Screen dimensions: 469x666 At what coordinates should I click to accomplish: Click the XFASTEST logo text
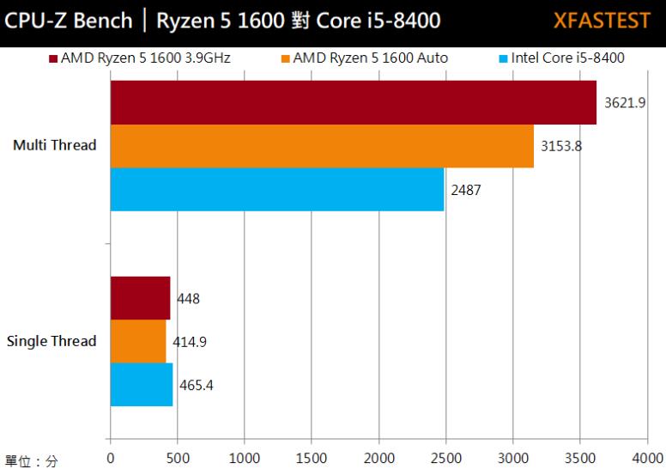point(601,21)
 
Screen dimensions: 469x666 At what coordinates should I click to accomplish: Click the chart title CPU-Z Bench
point(69,21)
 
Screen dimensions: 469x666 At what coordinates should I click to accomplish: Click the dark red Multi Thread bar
point(353,102)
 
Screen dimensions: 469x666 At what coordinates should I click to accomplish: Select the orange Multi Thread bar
point(322,146)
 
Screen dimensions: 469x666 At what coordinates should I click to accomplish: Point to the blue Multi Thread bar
point(277,189)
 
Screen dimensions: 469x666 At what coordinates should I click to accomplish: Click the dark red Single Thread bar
point(140,298)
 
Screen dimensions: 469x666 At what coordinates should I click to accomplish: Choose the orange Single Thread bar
point(138,341)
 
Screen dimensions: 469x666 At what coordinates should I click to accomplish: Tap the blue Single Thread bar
point(142,385)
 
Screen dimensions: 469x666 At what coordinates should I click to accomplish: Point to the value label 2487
point(466,190)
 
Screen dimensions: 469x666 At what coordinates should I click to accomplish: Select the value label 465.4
point(196,385)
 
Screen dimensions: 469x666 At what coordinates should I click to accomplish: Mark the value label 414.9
point(190,342)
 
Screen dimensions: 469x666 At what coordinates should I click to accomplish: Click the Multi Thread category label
point(55,145)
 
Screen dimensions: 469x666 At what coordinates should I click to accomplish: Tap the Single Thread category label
point(51,341)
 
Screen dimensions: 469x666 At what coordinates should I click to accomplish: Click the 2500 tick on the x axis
point(445,457)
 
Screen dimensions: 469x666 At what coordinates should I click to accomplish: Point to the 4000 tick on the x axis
point(646,457)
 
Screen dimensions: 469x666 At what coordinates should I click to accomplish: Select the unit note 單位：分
point(31,461)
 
